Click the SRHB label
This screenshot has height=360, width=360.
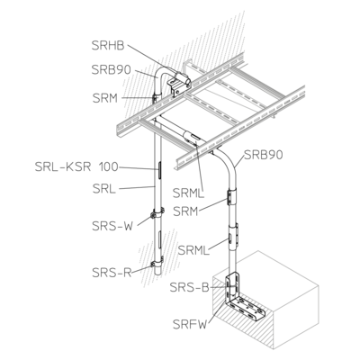click(108, 46)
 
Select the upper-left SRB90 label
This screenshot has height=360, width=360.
click(112, 69)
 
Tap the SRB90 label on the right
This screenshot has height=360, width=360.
click(264, 155)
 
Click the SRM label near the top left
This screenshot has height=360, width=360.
click(105, 98)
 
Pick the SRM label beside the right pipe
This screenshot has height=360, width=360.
click(186, 211)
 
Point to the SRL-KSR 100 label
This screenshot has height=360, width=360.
click(76, 166)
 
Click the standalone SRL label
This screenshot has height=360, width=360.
click(104, 189)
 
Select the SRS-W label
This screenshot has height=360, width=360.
click(112, 226)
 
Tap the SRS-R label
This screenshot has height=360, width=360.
click(112, 273)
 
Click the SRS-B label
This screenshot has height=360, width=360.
click(189, 287)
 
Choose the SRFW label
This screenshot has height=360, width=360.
click(190, 324)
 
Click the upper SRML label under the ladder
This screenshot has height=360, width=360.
click(188, 193)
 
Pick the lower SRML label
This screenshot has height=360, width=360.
click(193, 250)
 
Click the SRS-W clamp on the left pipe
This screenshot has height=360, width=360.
click(157, 213)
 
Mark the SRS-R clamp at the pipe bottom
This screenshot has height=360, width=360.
click(157, 262)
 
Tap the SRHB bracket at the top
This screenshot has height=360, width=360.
click(179, 84)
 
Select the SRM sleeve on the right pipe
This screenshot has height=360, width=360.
click(232, 197)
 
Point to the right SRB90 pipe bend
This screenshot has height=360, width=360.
click(227, 164)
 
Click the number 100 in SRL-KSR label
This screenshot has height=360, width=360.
click(109, 166)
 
